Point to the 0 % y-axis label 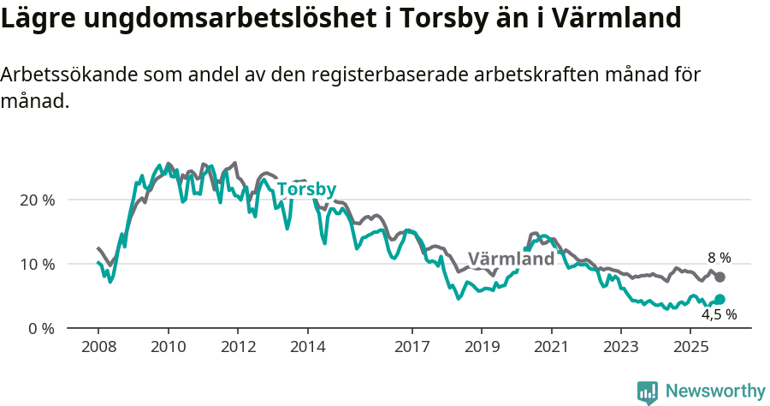[42, 328]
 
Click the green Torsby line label [306, 189]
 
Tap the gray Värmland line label [511, 260]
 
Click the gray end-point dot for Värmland [720, 277]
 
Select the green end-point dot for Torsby [720, 299]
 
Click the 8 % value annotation [719, 258]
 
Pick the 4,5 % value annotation [719, 314]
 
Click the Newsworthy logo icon [648, 391]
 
